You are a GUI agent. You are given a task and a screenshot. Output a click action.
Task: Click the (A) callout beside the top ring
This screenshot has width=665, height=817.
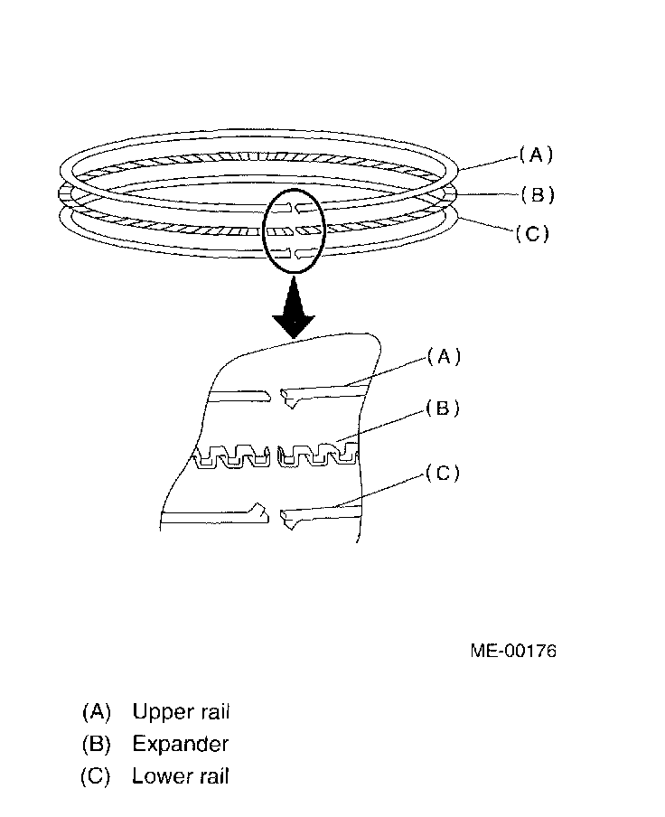point(535,155)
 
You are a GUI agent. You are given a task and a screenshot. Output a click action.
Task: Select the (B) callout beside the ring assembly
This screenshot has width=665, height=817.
point(537,194)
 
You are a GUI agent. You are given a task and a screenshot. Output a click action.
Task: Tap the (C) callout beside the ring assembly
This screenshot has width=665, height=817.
point(531,234)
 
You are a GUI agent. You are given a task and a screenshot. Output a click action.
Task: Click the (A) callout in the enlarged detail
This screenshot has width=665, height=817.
point(443,357)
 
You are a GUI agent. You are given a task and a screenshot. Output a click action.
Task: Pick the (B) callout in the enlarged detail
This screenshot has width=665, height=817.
point(443,409)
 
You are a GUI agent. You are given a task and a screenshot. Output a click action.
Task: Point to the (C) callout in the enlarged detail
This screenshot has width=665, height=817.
point(442,474)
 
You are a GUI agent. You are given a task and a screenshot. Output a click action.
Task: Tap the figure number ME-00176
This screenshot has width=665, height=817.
point(512,651)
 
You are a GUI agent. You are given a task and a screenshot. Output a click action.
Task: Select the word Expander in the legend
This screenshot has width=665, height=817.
point(180,745)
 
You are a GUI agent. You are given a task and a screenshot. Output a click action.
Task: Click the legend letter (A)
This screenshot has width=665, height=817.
point(96,712)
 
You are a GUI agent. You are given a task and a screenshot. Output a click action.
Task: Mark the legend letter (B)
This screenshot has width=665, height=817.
point(96,745)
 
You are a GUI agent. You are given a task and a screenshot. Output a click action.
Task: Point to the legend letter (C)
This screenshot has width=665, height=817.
point(96,776)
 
